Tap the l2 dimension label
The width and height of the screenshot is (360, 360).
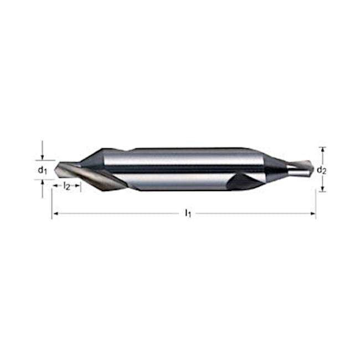pyautogui.click(x=66, y=186)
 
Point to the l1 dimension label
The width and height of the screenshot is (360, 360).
pyautogui.click(x=188, y=213)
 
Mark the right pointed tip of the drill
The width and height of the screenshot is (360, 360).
pyautogui.click(x=313, y=168)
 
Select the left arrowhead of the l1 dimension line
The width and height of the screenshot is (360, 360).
pyautogui.click(x=54, y=213)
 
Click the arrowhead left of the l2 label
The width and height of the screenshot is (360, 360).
pyautogui.click(x=55, y=186)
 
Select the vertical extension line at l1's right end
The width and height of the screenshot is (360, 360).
pyautogui.click(x=315, y=202)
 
